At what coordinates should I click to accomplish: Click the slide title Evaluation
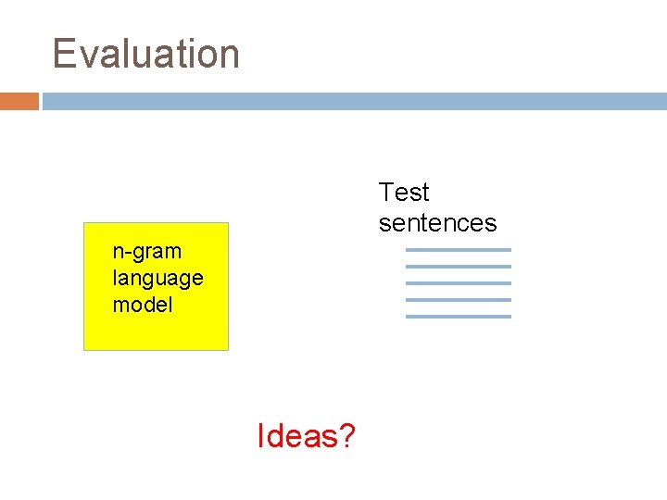(146, 54)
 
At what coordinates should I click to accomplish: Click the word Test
(404, 193)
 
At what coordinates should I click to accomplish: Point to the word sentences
(437, 223)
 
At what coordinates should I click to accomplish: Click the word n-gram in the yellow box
(146, 251)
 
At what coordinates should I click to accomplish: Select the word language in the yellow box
(157, 278)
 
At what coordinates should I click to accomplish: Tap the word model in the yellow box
(143, 305)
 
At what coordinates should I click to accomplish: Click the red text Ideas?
(306, 435)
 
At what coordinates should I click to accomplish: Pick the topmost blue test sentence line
(458, 250)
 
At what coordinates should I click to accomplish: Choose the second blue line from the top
(458, 267)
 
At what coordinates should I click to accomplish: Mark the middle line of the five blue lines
(458, 283)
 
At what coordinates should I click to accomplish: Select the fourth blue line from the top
(458, 300)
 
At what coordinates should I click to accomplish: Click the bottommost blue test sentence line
(458, 317)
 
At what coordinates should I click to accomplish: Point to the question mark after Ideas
(346, 435)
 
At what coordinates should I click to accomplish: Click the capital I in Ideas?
(261, 435)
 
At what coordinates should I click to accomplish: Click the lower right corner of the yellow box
(226, 348)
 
